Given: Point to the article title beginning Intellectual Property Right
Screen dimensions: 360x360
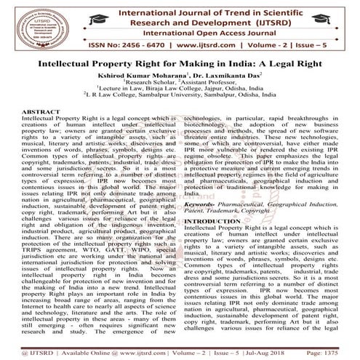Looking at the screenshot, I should [x=180, y=63].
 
